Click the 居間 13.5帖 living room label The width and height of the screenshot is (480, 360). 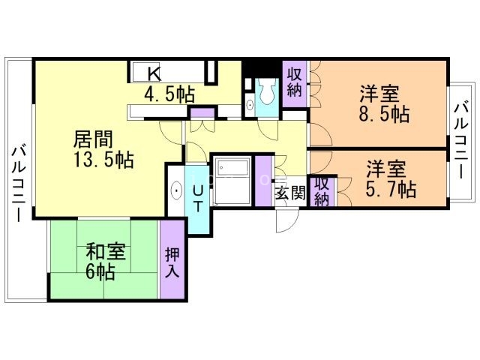(x=103, y=149)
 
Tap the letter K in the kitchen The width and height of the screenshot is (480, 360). (x=154, y=73)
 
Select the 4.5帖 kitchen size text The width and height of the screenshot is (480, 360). (x=169, y=94)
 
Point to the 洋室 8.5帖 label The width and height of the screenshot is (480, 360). (x=384, y=104)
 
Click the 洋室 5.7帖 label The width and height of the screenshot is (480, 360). (x=391, y=179)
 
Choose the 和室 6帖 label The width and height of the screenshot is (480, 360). (x=105, y=261)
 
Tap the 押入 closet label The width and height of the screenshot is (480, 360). (x=172, y=262)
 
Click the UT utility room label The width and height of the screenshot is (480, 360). (x=198, y=199)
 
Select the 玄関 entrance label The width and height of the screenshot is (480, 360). (x=290, y=193)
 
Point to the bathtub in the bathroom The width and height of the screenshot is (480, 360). (x=232, y=181)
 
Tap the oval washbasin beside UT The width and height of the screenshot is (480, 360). (x=177, y=190)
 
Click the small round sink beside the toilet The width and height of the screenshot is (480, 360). (x=250, y=105)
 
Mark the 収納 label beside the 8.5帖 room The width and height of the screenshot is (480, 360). (x=294, y=82)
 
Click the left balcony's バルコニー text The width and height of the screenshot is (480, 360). (x=19, y=184)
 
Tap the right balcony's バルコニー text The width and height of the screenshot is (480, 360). (x=462, y=141)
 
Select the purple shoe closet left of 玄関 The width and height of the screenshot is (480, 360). (x=263, y=181)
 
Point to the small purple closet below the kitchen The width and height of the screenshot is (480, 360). (x=202, y=113)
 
